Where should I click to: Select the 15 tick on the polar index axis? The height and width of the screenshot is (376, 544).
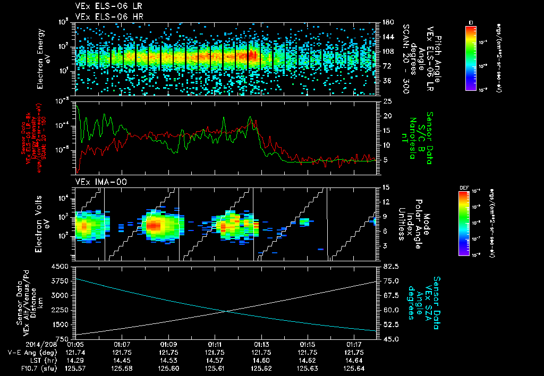click(385, 187)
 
